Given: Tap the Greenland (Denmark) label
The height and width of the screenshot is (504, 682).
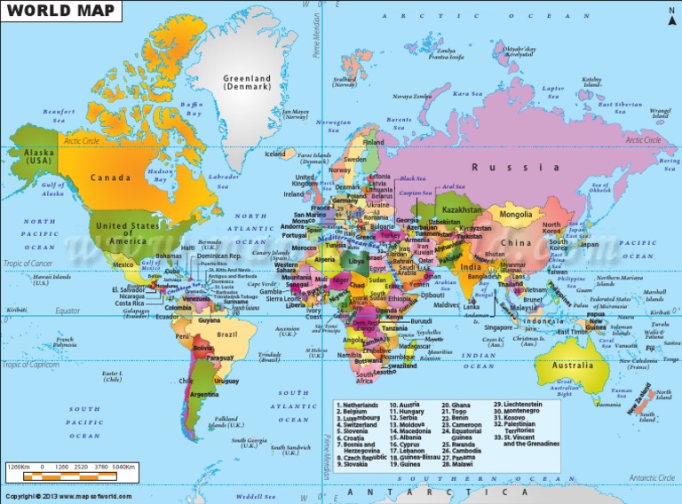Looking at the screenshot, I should coord(248,83).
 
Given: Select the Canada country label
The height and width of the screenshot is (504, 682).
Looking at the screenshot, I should coord(110,177).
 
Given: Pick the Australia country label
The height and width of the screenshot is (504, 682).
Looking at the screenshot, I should coord(573,366).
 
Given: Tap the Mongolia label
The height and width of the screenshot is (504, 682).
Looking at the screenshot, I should coord(516,215).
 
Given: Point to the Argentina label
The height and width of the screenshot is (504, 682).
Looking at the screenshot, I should coord(204,394).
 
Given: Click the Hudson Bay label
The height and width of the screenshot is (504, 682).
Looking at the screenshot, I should coord(158,175).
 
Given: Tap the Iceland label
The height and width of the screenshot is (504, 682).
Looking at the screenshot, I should coord(275,154).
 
